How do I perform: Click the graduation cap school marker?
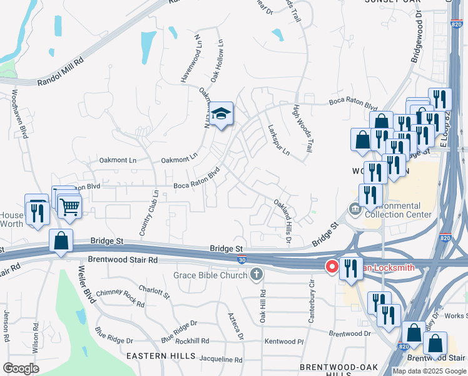tap(221, 113)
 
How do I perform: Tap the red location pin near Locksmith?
tap(331, 267)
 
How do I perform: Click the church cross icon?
tap(256, 274)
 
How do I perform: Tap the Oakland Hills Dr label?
tap(283, 215)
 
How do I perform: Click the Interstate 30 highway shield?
tap(242, 258)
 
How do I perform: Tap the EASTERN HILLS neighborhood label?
tap(155, 355)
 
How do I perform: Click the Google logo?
tap(21, 368)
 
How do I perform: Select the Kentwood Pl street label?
tap(283, 342)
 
